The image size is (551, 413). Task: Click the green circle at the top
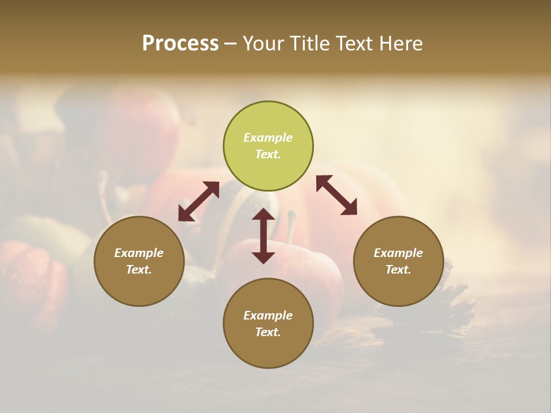[x=268, y=146]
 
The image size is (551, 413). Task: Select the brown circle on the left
[x=139, y=262]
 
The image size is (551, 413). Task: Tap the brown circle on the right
[x=398, y=262]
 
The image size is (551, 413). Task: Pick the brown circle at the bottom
[x=268, y=324]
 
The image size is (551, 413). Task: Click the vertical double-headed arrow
[x=263, y=236]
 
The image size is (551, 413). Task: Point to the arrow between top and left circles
[x=199, y=201]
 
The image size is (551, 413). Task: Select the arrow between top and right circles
[x=337, y=195]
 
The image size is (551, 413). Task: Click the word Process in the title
[x=180, y=44]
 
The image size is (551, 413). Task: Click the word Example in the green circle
[x=268, y=138]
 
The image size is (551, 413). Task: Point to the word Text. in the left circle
[x=139, y=270]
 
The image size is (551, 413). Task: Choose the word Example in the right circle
[x=398, y=253]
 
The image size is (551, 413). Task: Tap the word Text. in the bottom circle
[x=268, y=332]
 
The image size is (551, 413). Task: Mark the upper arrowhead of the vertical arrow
[x=263, y=215]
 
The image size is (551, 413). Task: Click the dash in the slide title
[x=231, y=44]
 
